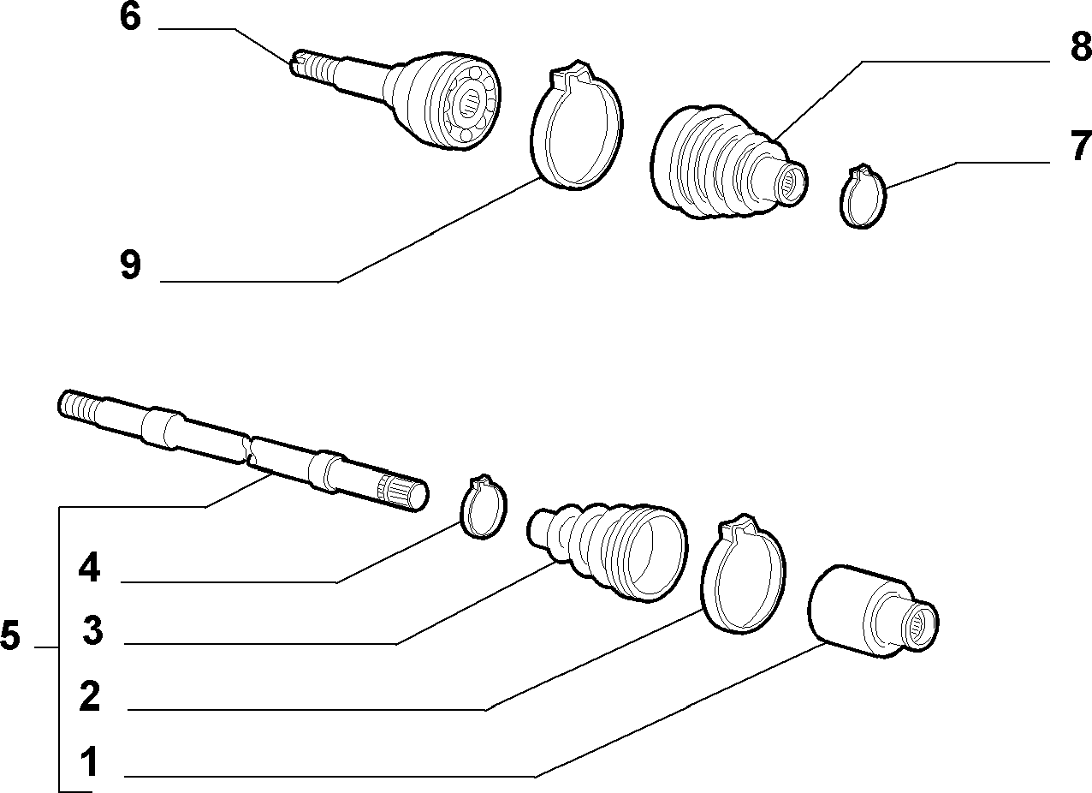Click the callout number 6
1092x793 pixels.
[131, 18]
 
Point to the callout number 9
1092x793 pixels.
[131, 265]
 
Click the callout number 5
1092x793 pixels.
[11, 635]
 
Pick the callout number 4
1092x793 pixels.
[89, 568]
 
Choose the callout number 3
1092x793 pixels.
[92, 630]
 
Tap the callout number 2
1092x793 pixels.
[90, 696]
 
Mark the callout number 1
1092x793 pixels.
[90, 762]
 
